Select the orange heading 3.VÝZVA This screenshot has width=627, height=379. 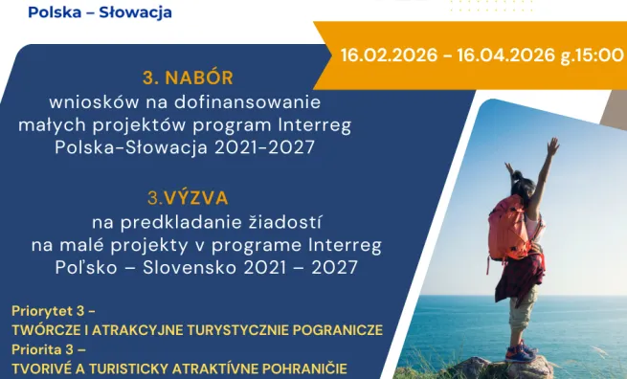coord(187,198)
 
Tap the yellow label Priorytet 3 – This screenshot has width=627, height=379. coord(54,311)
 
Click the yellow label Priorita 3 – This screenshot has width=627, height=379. coord(48,350)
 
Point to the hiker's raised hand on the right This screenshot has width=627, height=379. coord(552,145)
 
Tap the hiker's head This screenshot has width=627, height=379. coord(521,184)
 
